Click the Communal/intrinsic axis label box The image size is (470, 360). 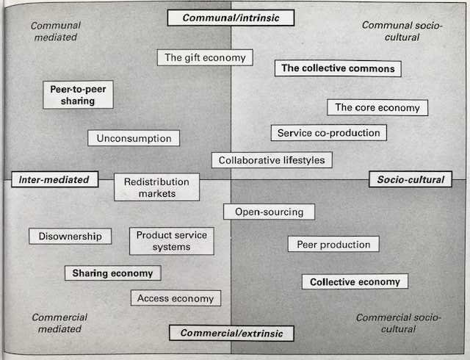coord(231,18)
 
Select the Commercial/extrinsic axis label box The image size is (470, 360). coord(231,334)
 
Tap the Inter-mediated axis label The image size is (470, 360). coord(55,179)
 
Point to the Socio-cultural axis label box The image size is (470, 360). coord(411,179)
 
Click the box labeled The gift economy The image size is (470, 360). coord(205,57)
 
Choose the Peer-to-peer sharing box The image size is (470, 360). coord(78,95)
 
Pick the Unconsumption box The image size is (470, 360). coord(134,138)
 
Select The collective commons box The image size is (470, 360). coord(338,68)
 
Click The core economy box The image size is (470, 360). coord(377,107)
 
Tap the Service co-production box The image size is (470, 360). coord(328,133)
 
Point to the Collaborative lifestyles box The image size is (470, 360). coord(272,160)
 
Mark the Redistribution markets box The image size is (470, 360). coord(156,187)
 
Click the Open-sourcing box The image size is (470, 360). coord(269,212)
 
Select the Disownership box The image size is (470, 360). coord(70,236)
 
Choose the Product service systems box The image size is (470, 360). coord(171,241)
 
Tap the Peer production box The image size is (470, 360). coord(333,244)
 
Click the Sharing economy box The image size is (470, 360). coord(112,273)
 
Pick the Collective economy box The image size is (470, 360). coord(355,281)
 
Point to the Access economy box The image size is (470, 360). coord(176,298)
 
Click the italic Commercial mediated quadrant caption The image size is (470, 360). coord(59,323)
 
